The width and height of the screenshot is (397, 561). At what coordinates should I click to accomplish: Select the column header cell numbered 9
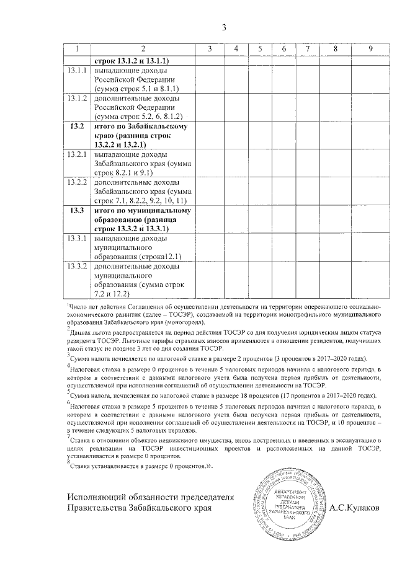click(370, 49)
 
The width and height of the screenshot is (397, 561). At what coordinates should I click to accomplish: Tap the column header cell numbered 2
click(143, 49)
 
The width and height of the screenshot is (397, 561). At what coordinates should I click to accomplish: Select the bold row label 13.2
click(78, 126)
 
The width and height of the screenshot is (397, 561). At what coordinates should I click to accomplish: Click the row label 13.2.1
click(78, 154)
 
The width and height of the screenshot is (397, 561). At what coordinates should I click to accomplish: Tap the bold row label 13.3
click(78, 210)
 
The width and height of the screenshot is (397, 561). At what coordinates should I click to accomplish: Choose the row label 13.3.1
click(78, 238)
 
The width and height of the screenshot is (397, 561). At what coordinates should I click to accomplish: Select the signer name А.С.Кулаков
click(357, 508)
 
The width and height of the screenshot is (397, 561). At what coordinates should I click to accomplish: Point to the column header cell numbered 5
click(260, 49)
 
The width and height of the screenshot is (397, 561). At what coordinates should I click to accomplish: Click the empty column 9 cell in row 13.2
click(370, 135)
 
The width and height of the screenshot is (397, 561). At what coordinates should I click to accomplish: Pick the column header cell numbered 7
click(307, 49)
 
